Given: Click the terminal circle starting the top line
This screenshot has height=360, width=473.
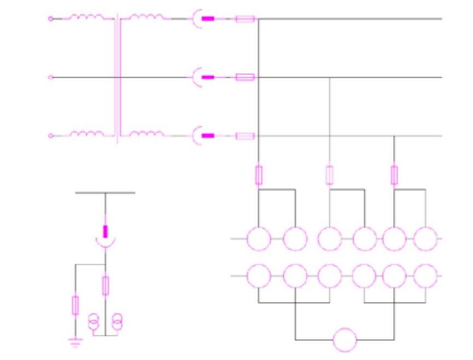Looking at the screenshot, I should (51, 19).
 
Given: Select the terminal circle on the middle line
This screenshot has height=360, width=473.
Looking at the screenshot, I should (51, 78).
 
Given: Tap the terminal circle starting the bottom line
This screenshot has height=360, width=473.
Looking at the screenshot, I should (51, 136).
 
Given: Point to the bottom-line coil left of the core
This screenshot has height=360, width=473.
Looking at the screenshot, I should (86, 133).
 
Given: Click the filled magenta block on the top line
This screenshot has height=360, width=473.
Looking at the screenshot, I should (208, 19).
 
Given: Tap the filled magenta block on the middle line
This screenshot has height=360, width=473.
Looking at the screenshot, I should (208, 78).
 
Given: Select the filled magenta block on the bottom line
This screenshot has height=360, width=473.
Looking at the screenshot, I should (208, 136).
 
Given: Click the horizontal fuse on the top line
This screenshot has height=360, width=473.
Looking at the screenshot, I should (244, 19).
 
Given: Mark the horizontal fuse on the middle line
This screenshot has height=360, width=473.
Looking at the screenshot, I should (244, 78).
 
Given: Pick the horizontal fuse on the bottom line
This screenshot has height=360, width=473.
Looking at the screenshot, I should (244, 136).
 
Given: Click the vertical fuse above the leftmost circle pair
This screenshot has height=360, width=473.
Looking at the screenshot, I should (259, 175).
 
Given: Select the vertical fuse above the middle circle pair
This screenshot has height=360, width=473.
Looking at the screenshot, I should (329, 175).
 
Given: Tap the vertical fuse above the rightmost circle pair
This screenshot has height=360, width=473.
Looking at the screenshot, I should (394, 175).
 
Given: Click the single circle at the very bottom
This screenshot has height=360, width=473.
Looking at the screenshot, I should (345, 340).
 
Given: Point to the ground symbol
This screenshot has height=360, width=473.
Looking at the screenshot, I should (75, 343).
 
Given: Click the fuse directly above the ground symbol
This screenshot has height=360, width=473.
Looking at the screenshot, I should (75, 305).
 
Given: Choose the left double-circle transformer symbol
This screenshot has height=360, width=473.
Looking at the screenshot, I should (94, 323).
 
